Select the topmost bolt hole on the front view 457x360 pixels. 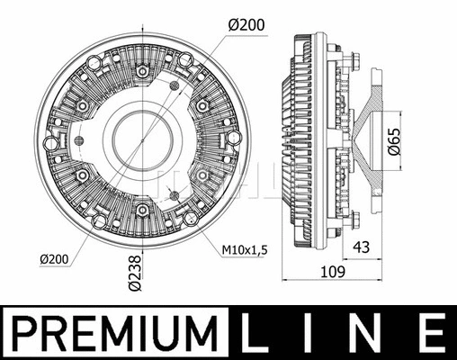coord(143,69)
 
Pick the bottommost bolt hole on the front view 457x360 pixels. coord(143,211)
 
